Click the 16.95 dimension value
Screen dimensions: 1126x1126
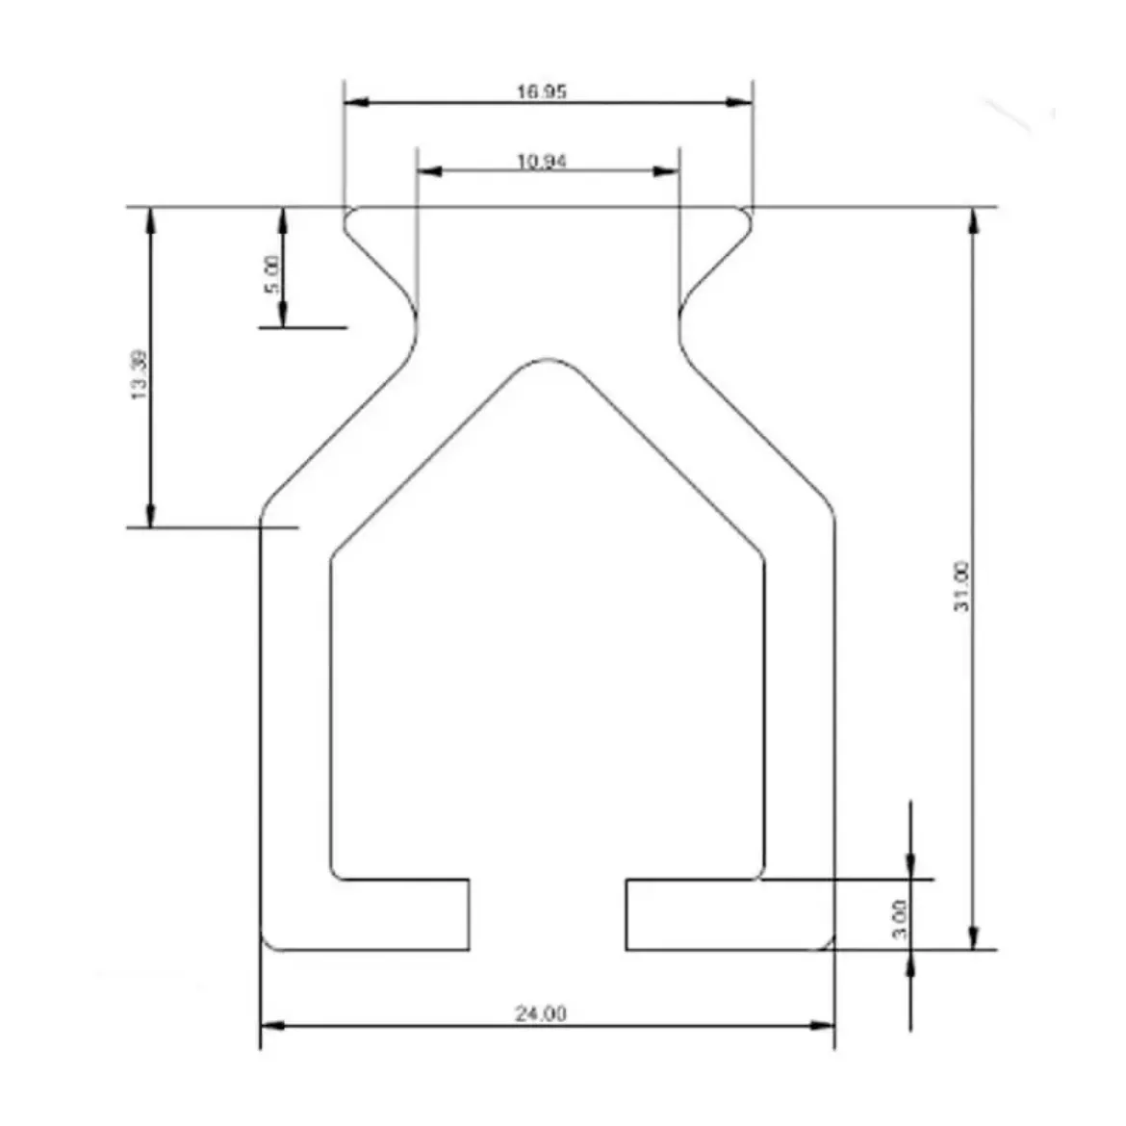(542, 92)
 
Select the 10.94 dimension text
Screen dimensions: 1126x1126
(542, 161)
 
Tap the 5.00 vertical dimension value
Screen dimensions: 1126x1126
(271, 274)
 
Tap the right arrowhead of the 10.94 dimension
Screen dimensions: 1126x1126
(667, 171)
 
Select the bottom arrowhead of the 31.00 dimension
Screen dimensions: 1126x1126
(974, 937)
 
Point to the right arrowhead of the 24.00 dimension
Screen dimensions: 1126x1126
(822, 1025)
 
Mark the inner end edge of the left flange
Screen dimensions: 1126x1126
(469, 914)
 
